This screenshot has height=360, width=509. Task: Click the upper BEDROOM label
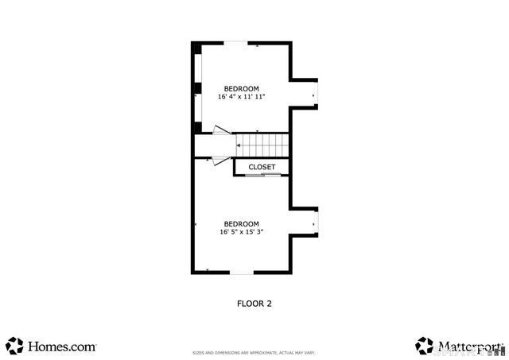[242, 88]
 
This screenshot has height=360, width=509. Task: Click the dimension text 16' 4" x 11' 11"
[242, 97]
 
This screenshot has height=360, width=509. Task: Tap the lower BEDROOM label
[242, 223]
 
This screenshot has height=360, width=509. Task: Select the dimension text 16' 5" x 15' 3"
[242, 232]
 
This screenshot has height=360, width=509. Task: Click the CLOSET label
[262, 167]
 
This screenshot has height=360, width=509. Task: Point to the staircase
[262, 145]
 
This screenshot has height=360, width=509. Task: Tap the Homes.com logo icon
[15, 346]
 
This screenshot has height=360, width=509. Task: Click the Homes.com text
[62, 347]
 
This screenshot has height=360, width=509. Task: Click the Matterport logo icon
[424, 346]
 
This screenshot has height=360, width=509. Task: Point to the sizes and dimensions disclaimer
[254, 353]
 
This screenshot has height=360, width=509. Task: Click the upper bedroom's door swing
[221, 130]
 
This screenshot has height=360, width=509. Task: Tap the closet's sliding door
[262, 175]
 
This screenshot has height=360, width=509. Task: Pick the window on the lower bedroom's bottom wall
[243, 273]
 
